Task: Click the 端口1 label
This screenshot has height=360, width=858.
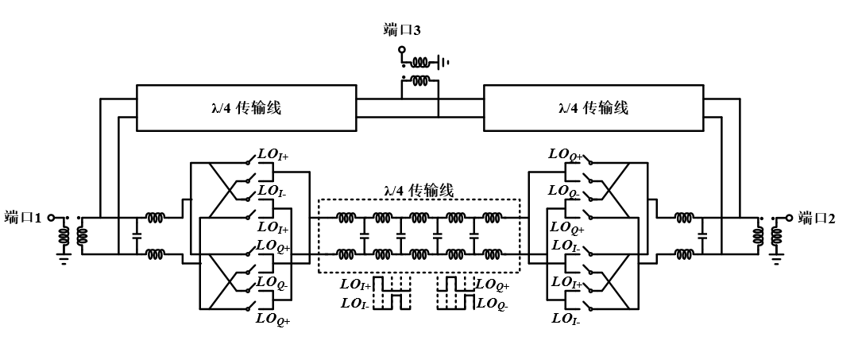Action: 23,216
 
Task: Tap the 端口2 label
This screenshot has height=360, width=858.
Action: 817,216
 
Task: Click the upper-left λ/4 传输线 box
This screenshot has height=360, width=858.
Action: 247,108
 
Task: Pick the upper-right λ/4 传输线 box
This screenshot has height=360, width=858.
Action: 593,108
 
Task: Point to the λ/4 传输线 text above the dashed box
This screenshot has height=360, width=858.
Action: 418,190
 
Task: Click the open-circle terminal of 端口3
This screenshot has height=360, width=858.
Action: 402,50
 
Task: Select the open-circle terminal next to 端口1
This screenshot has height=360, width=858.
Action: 51,217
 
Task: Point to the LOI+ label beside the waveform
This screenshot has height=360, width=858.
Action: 355,284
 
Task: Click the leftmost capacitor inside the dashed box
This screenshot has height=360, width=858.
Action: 365,235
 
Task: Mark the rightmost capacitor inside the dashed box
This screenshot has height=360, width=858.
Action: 474,235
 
